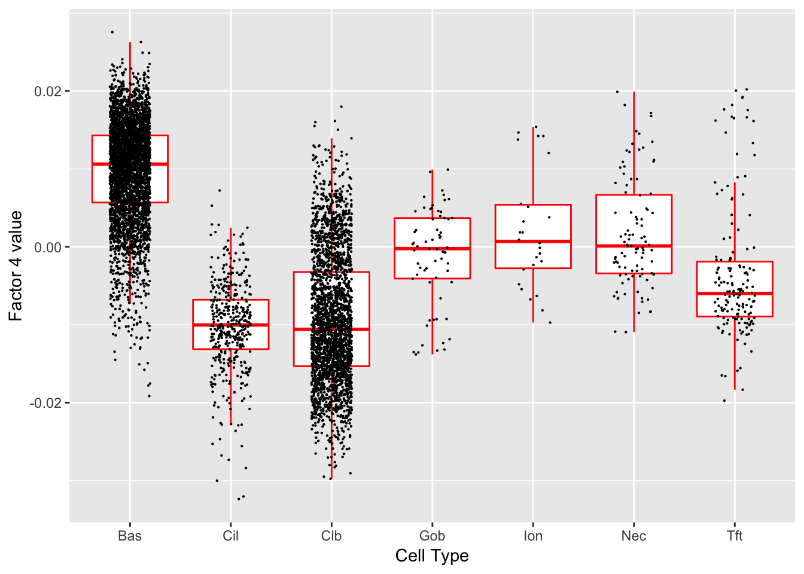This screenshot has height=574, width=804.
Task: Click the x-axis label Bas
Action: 130,536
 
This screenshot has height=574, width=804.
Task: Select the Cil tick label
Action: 230,536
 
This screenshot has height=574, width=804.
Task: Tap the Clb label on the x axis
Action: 331,536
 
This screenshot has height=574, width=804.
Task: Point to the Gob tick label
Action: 432,536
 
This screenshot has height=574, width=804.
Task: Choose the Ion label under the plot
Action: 533,536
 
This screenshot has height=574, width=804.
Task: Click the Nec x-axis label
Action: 634,536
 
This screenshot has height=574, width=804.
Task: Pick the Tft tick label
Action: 735,536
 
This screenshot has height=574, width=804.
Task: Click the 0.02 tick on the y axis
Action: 48,91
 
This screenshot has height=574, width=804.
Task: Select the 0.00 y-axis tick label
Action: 48,248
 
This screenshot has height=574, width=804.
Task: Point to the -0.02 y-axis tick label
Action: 46,403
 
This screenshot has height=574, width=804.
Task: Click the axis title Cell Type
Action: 432,556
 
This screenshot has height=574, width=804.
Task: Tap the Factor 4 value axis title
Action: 16,265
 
